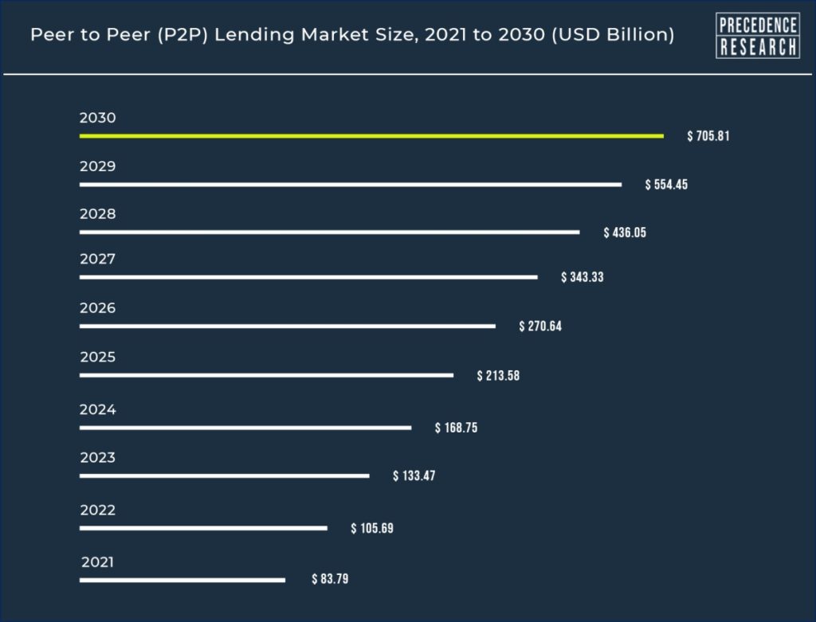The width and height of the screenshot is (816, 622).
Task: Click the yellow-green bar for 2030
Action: [371, 136]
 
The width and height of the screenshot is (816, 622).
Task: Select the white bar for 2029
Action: [351, 185]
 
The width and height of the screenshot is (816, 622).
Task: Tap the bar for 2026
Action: [288, 327]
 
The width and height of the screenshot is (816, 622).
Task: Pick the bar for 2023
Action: [225, 476]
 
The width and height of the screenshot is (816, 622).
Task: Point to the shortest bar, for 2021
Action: [182, 580]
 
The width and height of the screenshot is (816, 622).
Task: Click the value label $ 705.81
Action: [708, 136]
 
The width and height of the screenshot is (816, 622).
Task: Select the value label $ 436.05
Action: [625, 233]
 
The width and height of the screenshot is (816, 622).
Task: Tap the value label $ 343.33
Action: [583, 277]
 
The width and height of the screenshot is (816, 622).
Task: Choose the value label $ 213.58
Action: [498, 375]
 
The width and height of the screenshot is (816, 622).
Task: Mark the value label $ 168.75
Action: [456, 428]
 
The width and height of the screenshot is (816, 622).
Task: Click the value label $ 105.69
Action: [372, 528]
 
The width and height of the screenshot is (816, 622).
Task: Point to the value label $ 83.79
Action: [330, 580]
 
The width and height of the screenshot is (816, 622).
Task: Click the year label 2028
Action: [98, 214]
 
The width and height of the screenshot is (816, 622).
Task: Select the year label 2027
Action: [98, 259]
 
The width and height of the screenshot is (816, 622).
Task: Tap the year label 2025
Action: [98, 357]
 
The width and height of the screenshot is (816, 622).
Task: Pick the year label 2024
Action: [98, 409]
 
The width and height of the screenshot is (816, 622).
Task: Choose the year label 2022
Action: [98, 510]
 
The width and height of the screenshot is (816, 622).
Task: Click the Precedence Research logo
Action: [758, 36]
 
